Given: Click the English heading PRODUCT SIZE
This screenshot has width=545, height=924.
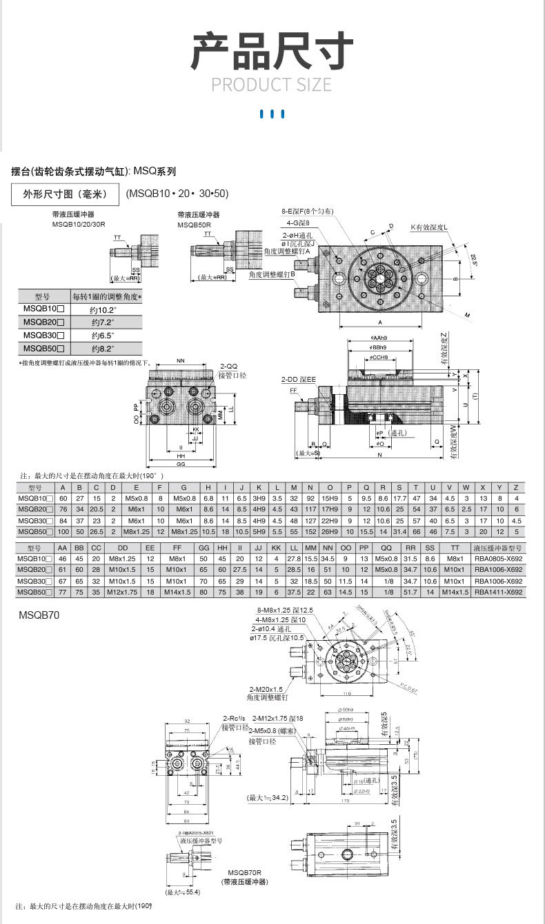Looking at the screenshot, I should [x=271, y=85].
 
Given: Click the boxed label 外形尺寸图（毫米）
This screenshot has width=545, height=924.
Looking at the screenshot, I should [x=66, y=194].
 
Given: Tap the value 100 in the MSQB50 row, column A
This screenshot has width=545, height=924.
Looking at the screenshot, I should [x=63, y=532].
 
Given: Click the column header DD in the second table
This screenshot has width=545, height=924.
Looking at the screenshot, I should [x=122, y=548].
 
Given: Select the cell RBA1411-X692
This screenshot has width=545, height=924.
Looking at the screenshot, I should [x=499, y=592].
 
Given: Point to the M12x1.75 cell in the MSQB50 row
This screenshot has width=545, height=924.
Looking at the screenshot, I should [x=122, y=592].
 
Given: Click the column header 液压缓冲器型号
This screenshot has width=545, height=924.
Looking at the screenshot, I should [x=499, y=548].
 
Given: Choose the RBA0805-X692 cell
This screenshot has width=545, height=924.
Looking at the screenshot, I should [x=499, y=559].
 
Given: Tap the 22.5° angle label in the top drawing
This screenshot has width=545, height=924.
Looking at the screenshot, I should [x=474, y=259].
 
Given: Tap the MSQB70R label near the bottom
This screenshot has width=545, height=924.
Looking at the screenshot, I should [x=247, y=872].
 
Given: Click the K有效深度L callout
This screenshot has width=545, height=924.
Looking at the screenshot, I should [x=429, y=227].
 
